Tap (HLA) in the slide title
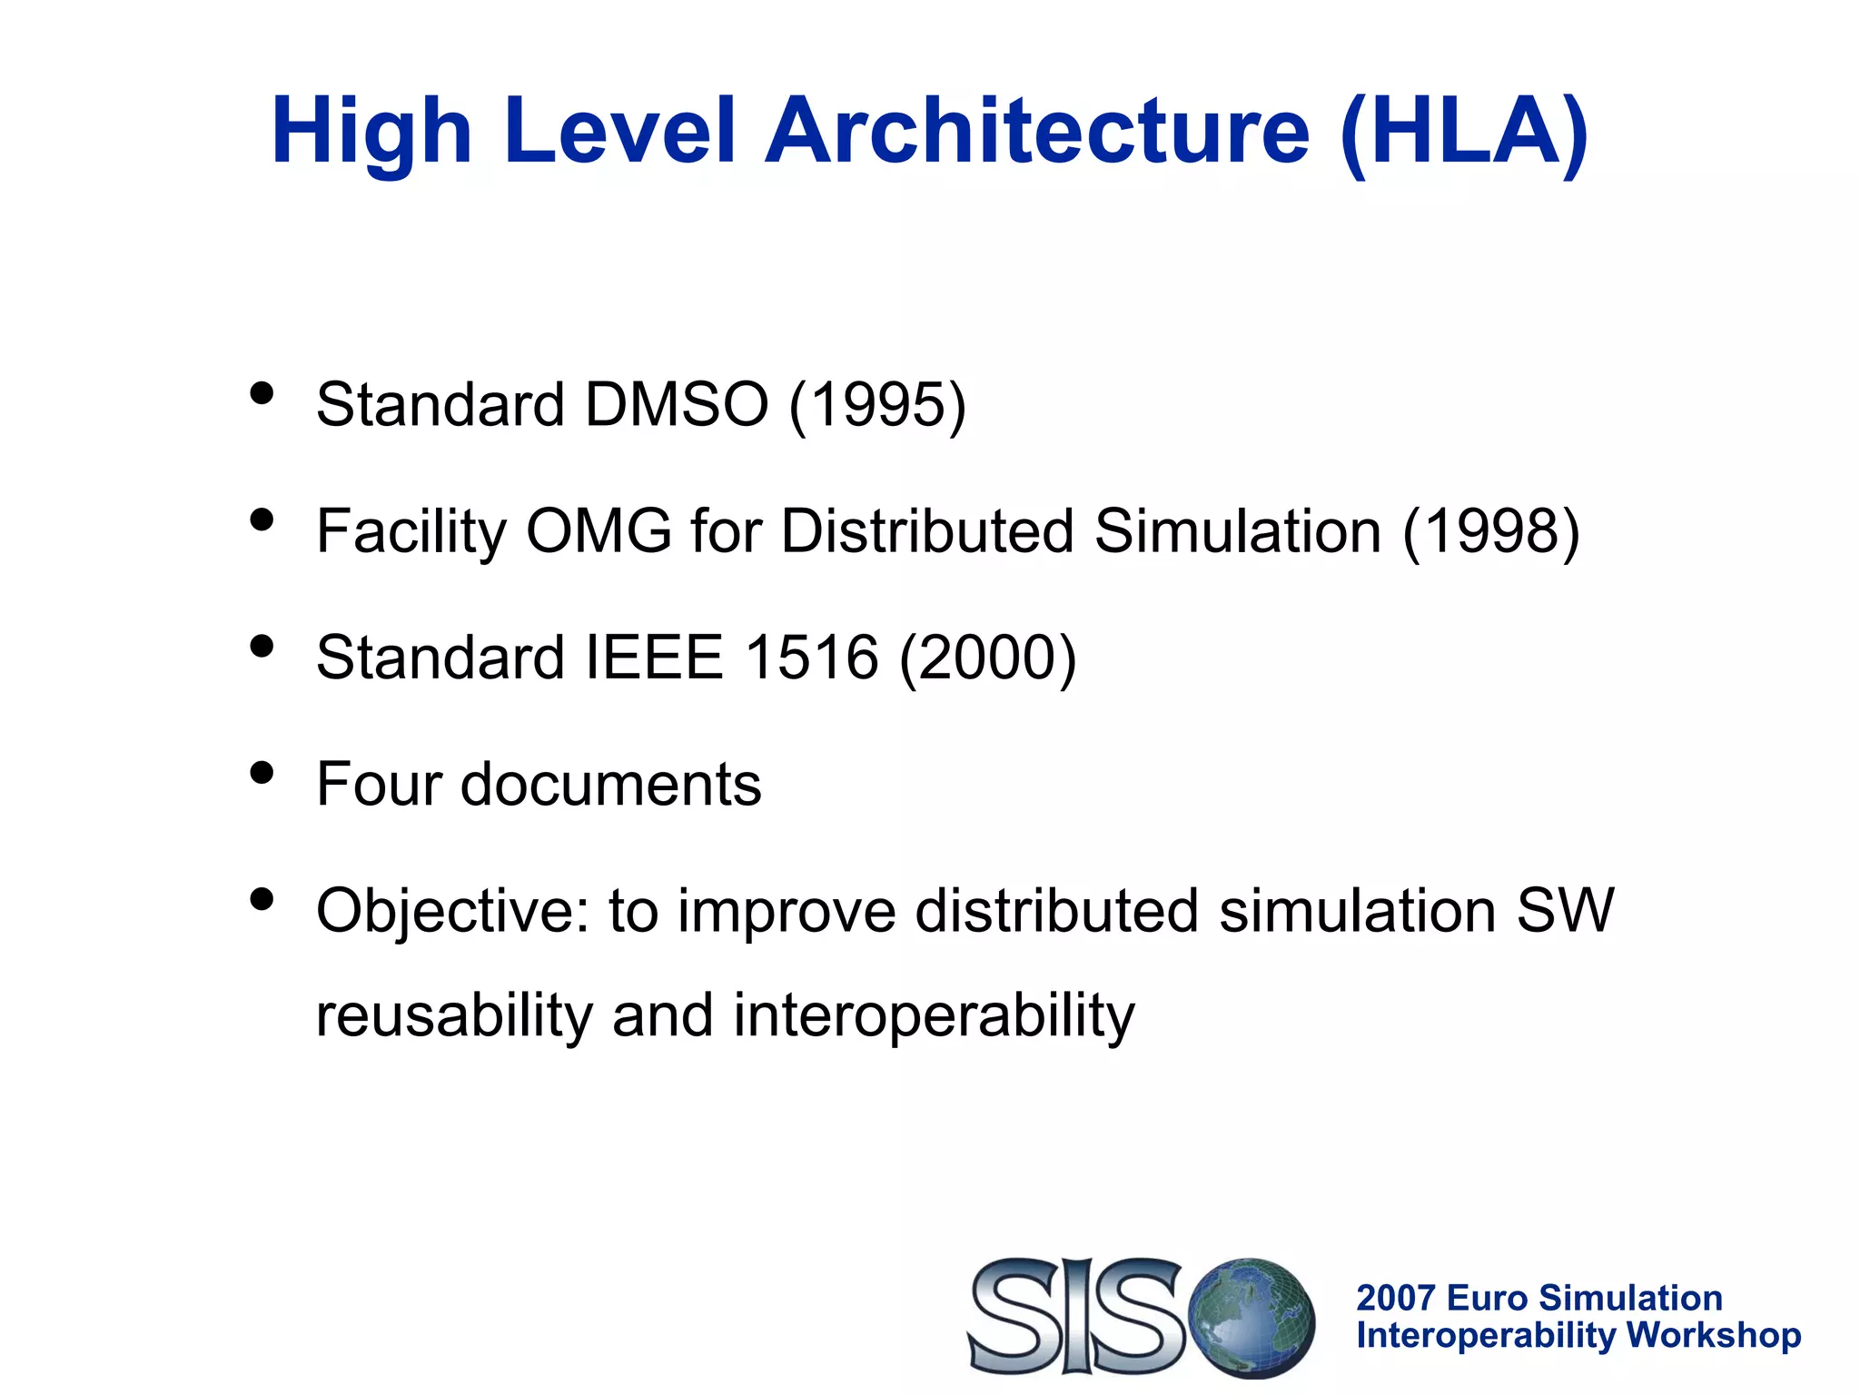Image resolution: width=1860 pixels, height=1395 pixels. point(1463,134)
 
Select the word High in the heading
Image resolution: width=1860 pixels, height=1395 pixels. point(371,134)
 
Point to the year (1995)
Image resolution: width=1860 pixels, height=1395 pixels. point(877,406)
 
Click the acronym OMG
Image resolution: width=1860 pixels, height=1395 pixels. point(599,531)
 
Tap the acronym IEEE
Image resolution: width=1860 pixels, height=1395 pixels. point(654,658)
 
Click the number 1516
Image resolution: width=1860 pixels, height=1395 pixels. point(811,658)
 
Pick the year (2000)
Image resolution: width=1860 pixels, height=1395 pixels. point(987,659)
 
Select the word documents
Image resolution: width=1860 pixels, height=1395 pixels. point(610,785)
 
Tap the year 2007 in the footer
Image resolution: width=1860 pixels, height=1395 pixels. point(1395,1298)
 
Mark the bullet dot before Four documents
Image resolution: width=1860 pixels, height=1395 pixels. point(262,773)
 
